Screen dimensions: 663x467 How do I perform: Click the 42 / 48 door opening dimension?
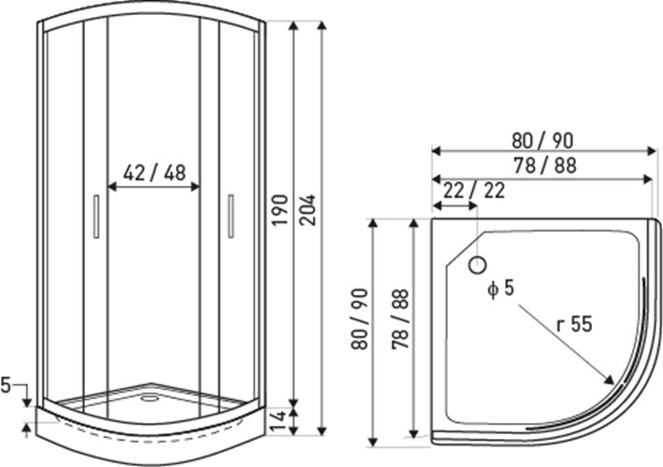154,172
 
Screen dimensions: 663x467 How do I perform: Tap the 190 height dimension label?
280,210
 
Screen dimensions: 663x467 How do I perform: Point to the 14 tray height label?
279,421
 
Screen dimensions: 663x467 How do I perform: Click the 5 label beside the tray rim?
6,385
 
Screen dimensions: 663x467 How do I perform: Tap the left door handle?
96,217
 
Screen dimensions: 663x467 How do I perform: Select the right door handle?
231,216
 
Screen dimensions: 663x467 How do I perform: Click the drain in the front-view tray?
149,397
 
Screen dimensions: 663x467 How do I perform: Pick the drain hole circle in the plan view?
477,265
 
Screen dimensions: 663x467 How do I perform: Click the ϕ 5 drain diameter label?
500,289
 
